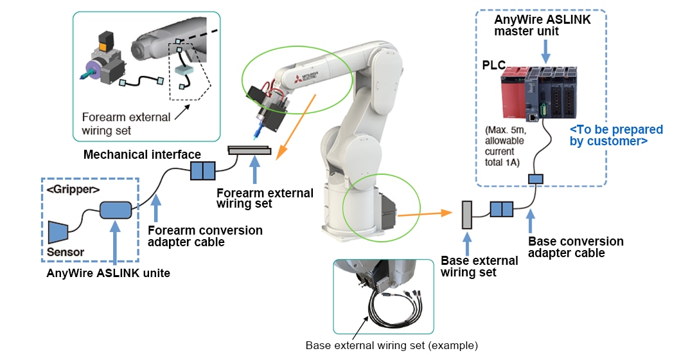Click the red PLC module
tap(513, 96)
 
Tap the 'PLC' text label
tap(494, 66)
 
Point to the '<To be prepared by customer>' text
tap(608, 135)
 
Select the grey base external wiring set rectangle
tap(467, 214)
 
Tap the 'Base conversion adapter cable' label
tap(575, 247)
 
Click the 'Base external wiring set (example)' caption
tap(391, 345)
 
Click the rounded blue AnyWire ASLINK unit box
tap(115, 211)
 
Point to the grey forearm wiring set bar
tap(250, 150)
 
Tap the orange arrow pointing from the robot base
tap(421, 212)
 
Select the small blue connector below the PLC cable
tap(536, 179)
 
